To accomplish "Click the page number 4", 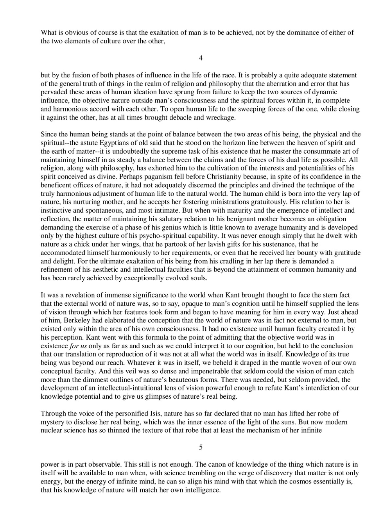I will tap(201, 58).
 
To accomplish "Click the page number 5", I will tap(201, 447).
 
